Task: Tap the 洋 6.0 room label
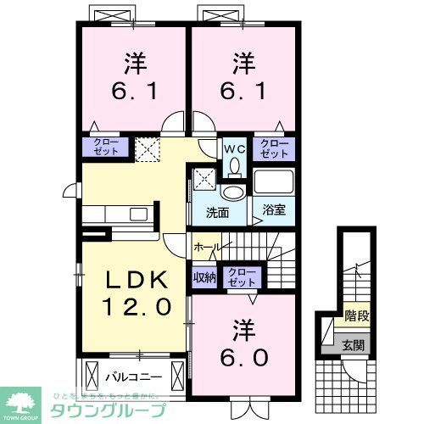245,342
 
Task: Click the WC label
233,149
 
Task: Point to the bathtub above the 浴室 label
273,183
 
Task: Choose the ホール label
207,246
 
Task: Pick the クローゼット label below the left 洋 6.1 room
105,148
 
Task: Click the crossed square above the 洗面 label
205,180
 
